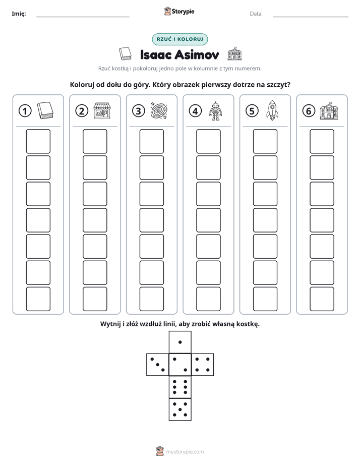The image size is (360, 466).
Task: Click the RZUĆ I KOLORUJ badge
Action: [179, 39]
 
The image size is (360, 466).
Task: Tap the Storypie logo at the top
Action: [179, 12]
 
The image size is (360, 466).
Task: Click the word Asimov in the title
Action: [197, 54]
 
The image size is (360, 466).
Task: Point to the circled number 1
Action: [25, 111]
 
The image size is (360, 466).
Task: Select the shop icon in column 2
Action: [102, 111]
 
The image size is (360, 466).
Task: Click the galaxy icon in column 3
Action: [159, 111]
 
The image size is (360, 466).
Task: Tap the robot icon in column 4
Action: [215, 111]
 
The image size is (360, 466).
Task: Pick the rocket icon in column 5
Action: [272, 110]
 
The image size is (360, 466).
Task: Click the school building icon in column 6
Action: [329, 111]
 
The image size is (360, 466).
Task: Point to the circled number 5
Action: [252, 111]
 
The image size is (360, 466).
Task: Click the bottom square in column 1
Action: [38, 299]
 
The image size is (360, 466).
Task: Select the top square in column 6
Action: [322, 141]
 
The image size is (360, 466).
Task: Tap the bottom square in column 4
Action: [208, 299]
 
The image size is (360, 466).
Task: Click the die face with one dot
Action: [180, 342]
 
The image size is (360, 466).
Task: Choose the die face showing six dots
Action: [180, 387]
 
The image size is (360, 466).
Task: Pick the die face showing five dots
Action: [180, 409]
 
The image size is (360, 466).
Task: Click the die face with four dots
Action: [203, 365]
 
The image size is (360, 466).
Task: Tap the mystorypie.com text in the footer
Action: [185, 452]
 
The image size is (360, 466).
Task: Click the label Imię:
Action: [19, 14]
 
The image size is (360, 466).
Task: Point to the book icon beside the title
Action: [125, 54]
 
